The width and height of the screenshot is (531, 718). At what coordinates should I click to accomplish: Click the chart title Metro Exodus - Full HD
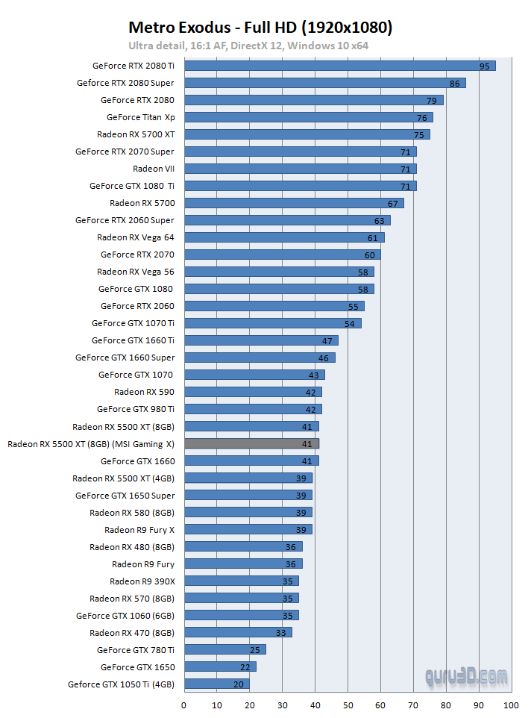click(260, 28)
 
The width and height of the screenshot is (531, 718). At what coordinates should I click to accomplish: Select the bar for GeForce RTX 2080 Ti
click(339, 66)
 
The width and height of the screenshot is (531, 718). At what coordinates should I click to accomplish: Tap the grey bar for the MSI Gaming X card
click(251, 443)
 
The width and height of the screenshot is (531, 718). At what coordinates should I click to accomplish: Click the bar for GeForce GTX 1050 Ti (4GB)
click(216, 684)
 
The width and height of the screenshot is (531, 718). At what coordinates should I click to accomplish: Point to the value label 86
click(455, 83)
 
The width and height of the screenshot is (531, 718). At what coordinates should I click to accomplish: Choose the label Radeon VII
click(154, 169)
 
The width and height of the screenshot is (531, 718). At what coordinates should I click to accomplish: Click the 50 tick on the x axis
click(348, 705)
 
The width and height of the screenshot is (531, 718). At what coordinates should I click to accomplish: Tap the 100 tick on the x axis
click(511, 705)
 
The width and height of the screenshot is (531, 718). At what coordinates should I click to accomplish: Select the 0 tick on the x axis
click(184, 705)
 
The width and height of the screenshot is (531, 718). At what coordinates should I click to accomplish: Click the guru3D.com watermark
click(468, 677)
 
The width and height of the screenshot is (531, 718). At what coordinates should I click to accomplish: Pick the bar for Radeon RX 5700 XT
click(307, 134)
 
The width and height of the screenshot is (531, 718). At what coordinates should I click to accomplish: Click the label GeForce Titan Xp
click(141, 117)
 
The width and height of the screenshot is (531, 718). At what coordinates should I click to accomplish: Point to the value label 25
click(255, 649)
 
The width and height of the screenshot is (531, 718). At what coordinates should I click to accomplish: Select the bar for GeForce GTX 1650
click(220, 667)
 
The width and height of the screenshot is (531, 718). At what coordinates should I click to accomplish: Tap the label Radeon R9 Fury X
click(139, 530)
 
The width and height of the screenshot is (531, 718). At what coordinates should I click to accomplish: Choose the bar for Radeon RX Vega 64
click(284, 237)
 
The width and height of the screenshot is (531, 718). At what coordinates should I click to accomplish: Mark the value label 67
click(393, 203)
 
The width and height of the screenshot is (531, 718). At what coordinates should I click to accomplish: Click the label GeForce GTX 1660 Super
click(125, 358)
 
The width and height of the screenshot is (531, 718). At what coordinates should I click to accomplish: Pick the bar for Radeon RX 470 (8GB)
click(238, 632)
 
